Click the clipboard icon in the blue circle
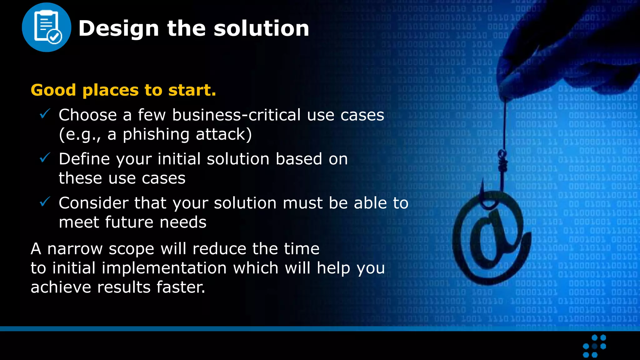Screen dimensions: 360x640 (x=47, y=27)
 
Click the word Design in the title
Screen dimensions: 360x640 (x=119, y=28)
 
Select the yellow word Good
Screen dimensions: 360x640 (x=53, y=90)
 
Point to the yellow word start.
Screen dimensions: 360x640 (x=192, y=90)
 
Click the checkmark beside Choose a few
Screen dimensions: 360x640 (x=45, y=114)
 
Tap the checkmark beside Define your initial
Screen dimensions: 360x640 (x=45, y=158)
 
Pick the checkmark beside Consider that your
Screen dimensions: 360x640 (x=45, y=202)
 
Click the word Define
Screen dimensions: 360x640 (x=84, y=159)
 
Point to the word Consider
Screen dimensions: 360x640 (x=93, y=203)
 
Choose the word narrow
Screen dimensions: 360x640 (x=75, y=249)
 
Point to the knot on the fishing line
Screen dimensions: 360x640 (x=502, y=161)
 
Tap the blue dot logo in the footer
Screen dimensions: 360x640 (x=594, y=346)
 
